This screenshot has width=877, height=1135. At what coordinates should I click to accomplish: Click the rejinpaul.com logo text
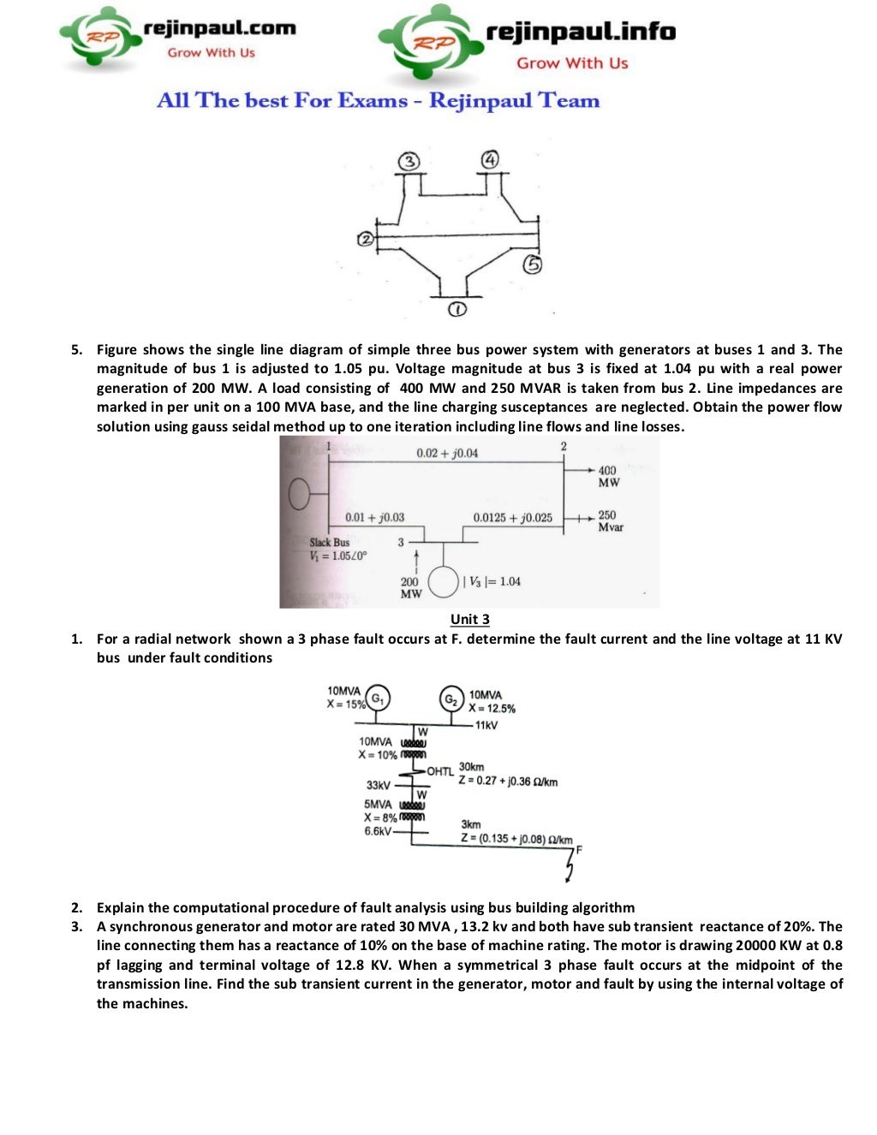tap(219, 28)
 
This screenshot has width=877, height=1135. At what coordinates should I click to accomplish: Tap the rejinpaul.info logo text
tap(580, 33)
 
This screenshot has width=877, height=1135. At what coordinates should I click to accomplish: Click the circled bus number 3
tap(409, 162)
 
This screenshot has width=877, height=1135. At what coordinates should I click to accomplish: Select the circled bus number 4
tap(490, 159)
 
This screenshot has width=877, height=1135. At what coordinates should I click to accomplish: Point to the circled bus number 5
tap(533, 264)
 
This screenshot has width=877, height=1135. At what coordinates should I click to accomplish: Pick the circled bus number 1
tap(457, 310)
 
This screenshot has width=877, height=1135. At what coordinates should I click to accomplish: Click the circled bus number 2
tap(365, 240)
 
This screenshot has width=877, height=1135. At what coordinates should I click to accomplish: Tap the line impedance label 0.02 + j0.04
tap(447, 453)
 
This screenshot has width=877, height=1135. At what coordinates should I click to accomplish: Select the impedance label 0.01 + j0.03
tap(374, 518)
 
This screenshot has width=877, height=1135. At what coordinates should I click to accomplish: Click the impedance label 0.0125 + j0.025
tap(512, 518)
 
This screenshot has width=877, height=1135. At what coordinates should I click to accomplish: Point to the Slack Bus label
tap(330, 542)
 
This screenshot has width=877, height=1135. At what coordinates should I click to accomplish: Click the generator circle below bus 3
tap(443, 582)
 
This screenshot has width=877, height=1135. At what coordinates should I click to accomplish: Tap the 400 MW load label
tap(608, 476)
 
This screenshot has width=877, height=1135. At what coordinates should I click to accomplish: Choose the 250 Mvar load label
tap(610, 520)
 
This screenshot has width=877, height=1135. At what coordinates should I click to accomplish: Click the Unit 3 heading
tap(470, 619)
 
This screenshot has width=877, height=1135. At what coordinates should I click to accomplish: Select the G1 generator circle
tap(378, 698)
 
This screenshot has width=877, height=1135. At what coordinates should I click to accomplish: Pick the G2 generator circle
tap(451, 699)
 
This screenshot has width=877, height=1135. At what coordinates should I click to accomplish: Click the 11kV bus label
tap(486, 725)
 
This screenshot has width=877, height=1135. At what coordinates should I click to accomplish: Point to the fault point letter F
tap(579, 850)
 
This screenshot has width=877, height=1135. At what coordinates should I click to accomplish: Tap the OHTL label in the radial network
tap(439, 771)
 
